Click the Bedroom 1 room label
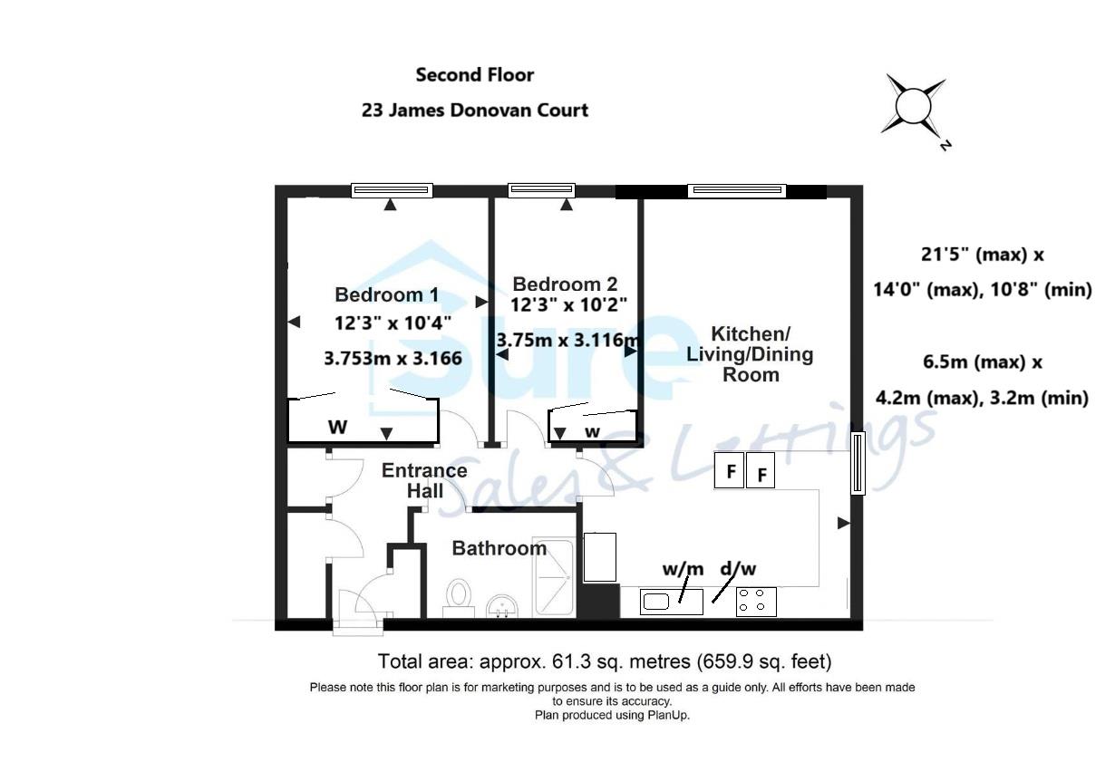click(386, 294)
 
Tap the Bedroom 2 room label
click(565, 284)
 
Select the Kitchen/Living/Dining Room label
click(750, 353)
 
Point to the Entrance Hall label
click(424, 480)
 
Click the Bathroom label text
click(499, 548)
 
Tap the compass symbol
click(914, 107)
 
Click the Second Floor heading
click(475, 74)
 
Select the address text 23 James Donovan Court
click(475, 110)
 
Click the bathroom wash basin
click(501, 605)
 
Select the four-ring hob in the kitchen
click(756, 602)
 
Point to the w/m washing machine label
click(683, 569)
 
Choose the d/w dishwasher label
click(738, 569)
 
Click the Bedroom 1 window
click(392, 190)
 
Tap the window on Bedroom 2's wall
click(542, 189)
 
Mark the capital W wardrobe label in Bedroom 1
click(337, 427)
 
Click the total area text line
click(605, 660)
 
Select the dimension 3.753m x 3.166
click(393, 358)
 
